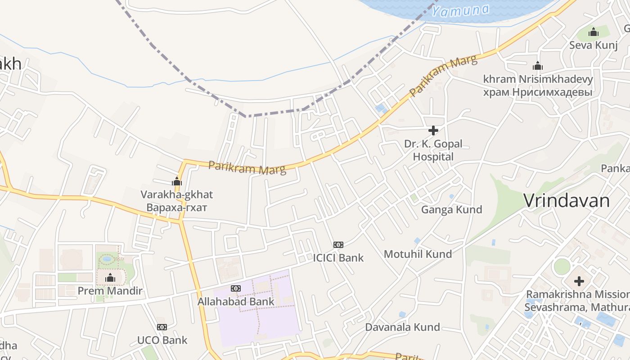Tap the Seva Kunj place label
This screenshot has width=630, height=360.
pos(593,45)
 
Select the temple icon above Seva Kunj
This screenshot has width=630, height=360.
pos(594,32)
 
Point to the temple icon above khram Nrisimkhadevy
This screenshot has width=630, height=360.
pos(537,66)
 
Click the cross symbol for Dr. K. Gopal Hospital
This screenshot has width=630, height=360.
pos(433,130)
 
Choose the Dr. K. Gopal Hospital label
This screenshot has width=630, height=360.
pos(433,150)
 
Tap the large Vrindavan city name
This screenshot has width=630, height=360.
pos(567,201)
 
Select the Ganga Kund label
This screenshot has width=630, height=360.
pos(451,209)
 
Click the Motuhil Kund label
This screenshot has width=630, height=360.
pos(418,254)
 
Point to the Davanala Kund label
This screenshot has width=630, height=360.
pos(402,327)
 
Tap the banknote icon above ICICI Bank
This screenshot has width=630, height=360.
pos(338,245)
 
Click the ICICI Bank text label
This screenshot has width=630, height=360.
pos(338,258)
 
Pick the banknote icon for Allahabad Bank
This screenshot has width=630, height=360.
pos(235,288)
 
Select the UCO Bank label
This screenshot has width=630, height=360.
pos(162,340)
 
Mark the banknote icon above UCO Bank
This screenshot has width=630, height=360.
pos(162,327)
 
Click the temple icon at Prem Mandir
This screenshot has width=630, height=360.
pos(110,278)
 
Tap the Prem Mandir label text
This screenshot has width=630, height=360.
pos(110,291)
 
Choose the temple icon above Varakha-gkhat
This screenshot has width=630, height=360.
pos(177,182)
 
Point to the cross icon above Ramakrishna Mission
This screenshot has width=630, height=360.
pos(579,282)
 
